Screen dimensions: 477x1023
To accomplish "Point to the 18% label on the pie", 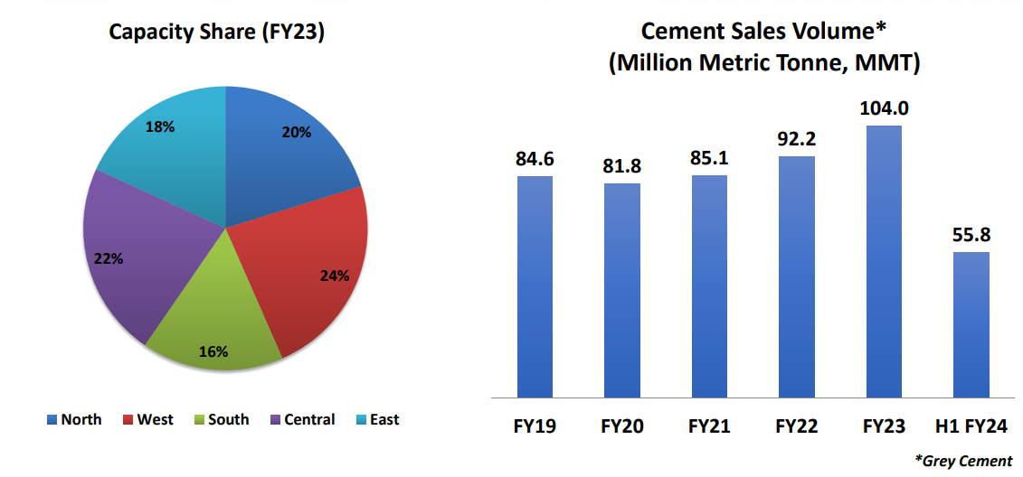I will point(160,127).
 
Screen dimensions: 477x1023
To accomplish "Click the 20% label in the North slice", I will point(297,132).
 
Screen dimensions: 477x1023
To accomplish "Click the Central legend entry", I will point(302,419).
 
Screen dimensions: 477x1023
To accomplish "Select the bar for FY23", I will point(884,262).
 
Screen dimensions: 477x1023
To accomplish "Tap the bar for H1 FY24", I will point(971,325).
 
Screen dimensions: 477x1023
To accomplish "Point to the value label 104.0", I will point(884,108).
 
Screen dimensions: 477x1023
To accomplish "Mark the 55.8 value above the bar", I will point(971,235).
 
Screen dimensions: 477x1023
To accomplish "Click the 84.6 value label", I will point(535,159).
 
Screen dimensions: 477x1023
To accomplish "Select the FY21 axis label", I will point(710,426).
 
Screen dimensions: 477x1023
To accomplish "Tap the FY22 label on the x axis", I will point(797,426).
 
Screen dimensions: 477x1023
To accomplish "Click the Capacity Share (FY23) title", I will point(217,33).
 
